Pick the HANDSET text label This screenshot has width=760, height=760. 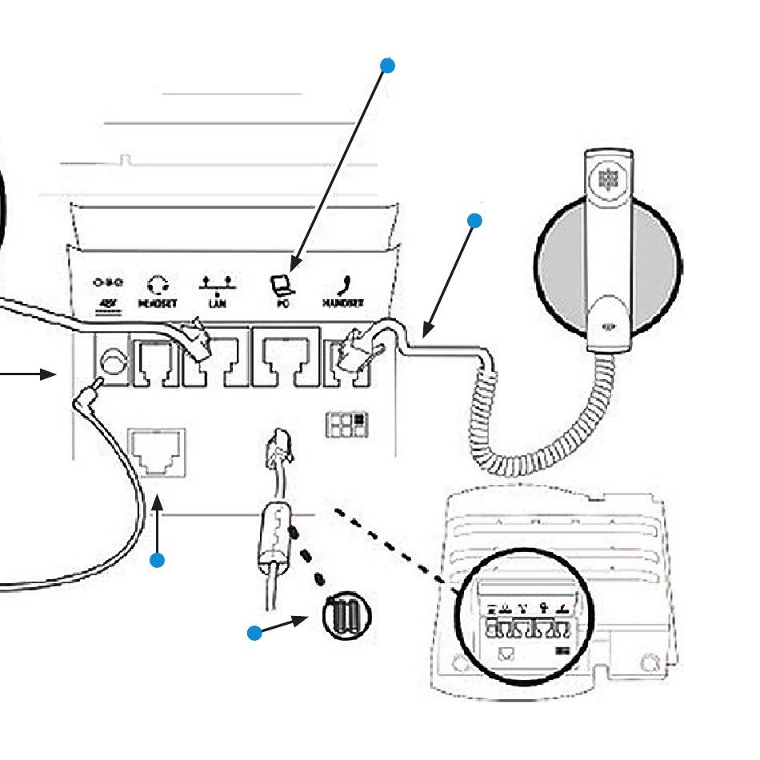[x=343, y=305]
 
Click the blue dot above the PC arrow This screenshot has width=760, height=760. [x=388, y=66]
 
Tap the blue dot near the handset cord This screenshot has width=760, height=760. [x=475, y=220]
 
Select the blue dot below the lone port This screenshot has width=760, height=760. [x=158, y=560]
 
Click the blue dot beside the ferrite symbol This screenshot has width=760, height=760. [x=254, y=634]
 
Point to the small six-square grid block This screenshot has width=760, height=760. [x=346, y=423]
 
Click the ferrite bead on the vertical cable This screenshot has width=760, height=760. [x=271, y=532]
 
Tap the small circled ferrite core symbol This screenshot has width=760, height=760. [x=346, y=617]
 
